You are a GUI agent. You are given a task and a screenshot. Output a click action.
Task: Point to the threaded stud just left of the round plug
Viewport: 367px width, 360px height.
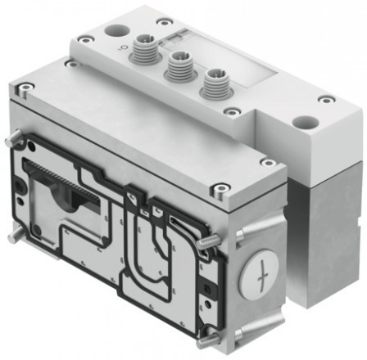point(211,242)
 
